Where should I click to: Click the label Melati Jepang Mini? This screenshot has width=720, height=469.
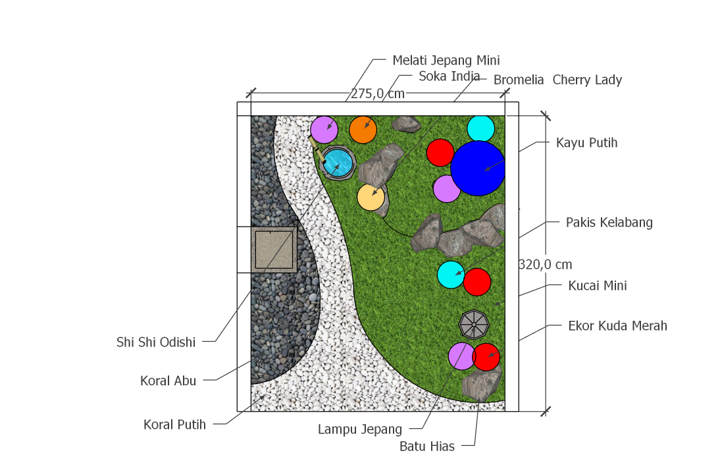coord(446,60)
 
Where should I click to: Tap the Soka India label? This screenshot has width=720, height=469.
coord(450,76)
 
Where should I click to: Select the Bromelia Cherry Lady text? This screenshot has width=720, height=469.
coord(557,80)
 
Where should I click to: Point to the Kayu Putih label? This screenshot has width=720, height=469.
coord(586,142)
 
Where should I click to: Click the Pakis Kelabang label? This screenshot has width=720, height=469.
coord(609,222)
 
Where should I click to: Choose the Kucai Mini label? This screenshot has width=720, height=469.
coord(597,285)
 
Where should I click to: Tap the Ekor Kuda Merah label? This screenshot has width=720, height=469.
coord(617,325)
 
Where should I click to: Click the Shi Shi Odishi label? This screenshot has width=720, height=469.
coord(156,342)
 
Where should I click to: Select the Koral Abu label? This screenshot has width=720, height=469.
coord(168,380)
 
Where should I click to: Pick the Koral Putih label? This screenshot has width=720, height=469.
coord(174,424)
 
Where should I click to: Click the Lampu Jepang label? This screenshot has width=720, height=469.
coord(359,429)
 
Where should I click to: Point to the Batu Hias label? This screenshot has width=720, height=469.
coord(427,446)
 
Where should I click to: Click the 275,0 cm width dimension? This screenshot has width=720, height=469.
coord(377,94)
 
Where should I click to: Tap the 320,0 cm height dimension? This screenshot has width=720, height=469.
coord(545,265)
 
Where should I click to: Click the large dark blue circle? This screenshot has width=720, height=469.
coord(478,168)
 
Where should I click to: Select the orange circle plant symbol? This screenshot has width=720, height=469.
coord(363,130)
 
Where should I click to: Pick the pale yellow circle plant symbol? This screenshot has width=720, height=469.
coord(371,197)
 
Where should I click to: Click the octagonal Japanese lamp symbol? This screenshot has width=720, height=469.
coord(474,324)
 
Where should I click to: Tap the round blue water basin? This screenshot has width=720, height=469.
coord(339,162)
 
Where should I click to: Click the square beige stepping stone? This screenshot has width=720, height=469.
coord(274,249)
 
